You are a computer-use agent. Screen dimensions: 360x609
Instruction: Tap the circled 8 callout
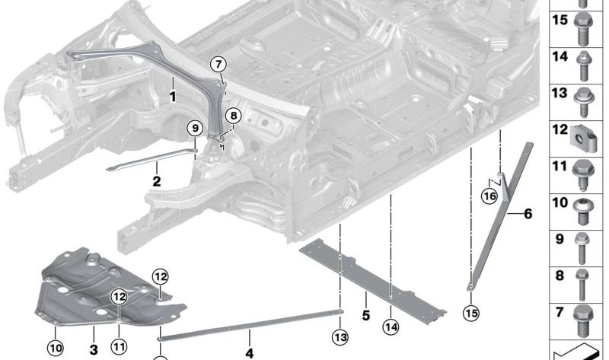click(x=232, y=116)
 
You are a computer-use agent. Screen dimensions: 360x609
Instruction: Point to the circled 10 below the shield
click(x=56, y=349)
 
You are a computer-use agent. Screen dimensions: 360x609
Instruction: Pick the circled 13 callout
click(x=340, y=336)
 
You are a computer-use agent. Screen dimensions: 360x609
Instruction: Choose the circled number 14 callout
click(x=391, y=328)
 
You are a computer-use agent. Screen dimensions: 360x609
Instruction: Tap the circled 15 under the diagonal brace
click(x=471, y=312)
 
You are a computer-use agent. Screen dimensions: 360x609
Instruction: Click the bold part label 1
click(x=173, y=97)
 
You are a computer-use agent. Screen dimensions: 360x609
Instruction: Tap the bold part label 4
click(x=248, y=352)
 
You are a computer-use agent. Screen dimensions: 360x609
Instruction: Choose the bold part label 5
click(x=365, y=314)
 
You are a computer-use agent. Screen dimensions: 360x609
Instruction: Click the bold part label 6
click(x=527, y=214)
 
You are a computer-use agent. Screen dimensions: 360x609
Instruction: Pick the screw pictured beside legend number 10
click(x=584, y=207)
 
